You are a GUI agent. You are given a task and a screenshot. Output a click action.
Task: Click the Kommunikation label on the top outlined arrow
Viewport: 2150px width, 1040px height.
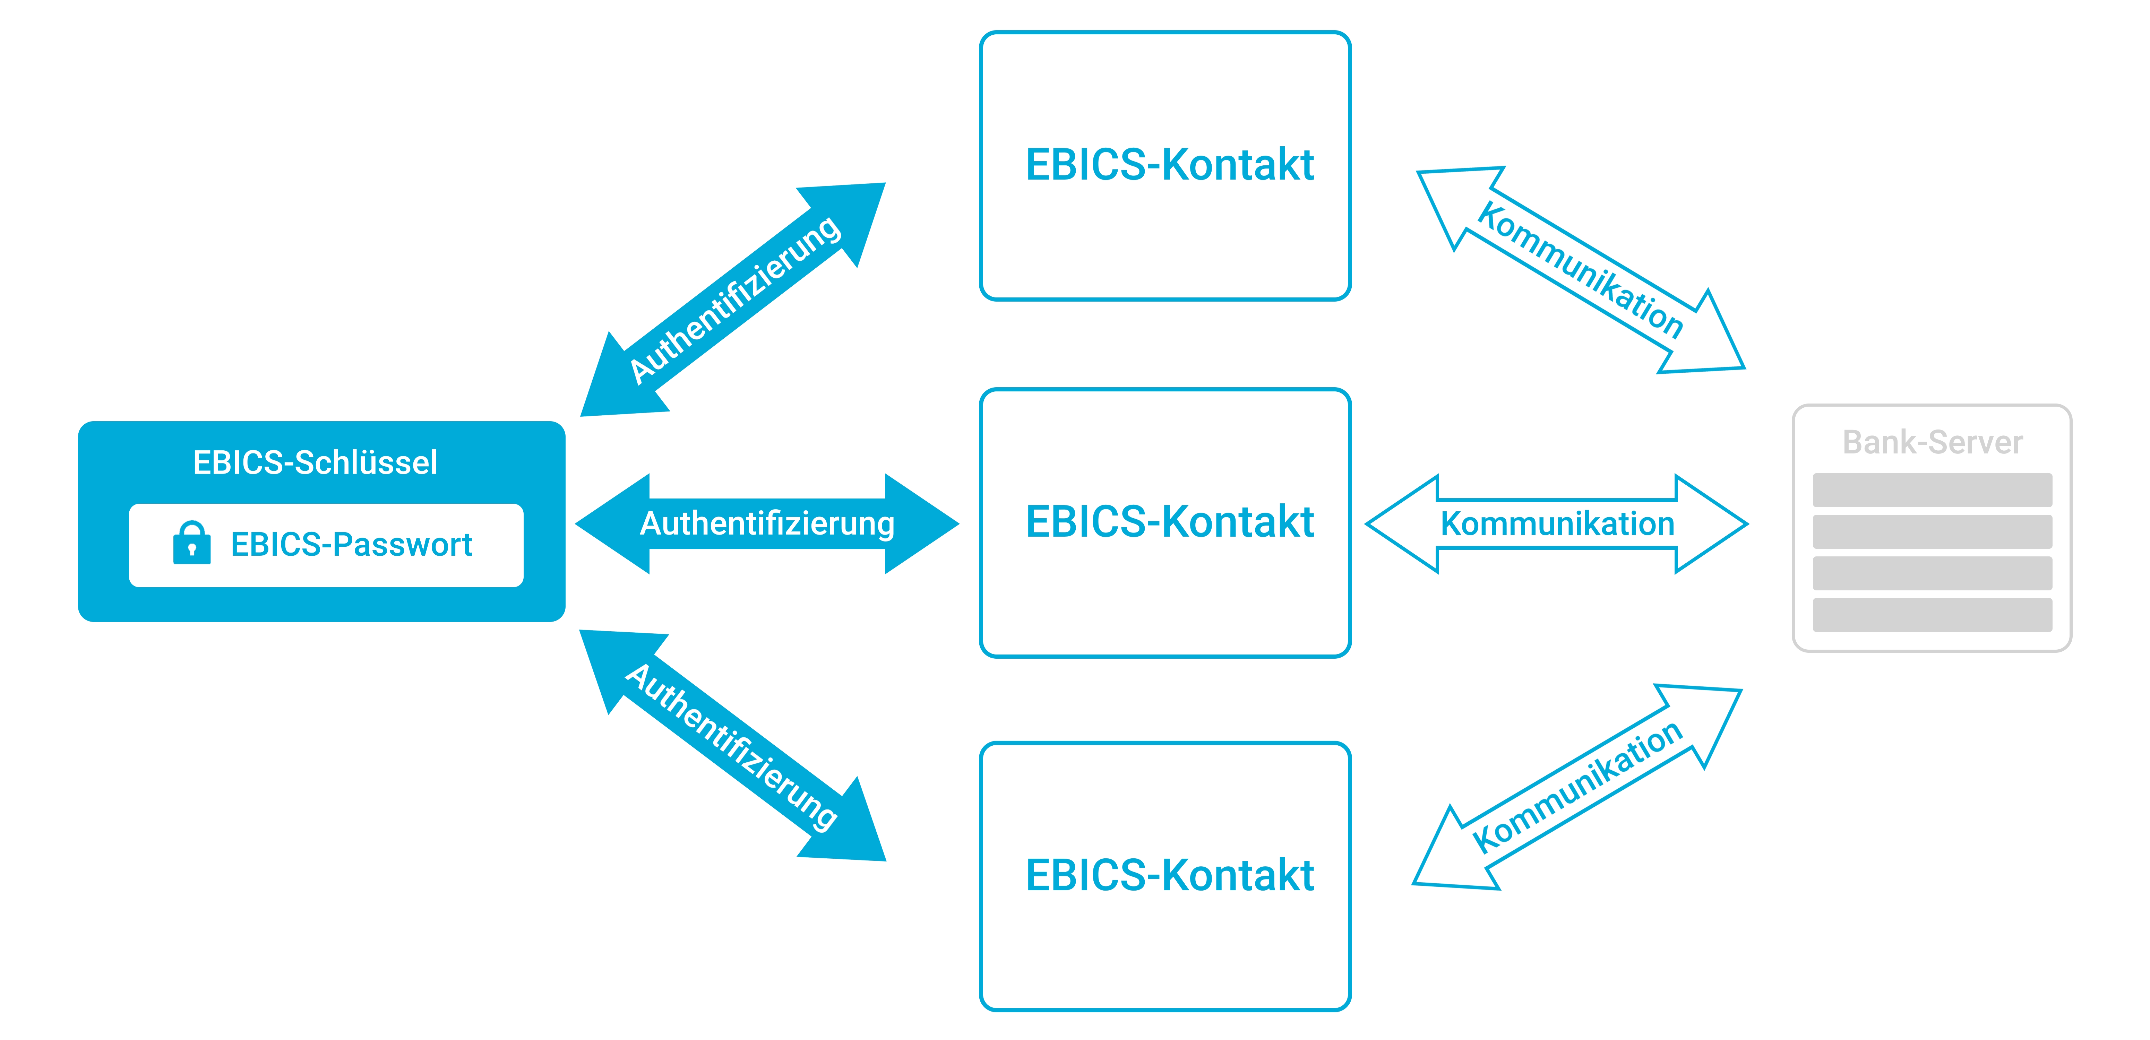click(1580, 270)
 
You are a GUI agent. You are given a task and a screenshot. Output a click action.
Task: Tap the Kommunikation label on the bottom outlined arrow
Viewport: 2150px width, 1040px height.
click(1577, 787)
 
